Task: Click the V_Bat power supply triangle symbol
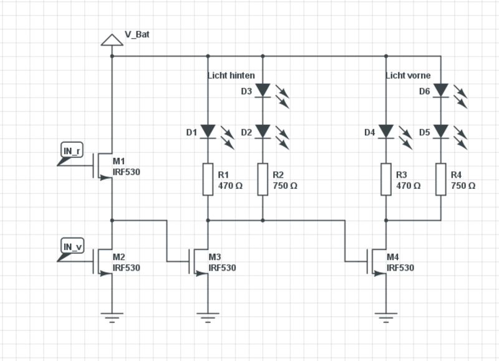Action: coord(112,40)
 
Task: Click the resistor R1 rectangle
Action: coord(208,180)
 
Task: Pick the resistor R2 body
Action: coord(263,180)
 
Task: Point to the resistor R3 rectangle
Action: coord(386,180)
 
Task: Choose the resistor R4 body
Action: coord(441,180)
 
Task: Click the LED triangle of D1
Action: coord(208,132)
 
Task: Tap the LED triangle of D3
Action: coord(263,90)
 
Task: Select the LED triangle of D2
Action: coord(263,132)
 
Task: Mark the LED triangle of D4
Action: coord(386,132)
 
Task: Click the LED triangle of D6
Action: coord(441,90)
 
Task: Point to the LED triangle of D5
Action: coord(441,132)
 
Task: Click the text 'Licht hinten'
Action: coord(231,75)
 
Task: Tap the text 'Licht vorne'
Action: coord(409,75)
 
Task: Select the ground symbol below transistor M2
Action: coord(112,318)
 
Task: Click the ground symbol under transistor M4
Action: coord(386,318)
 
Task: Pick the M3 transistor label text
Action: coord(215,257)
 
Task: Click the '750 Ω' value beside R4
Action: coord(463,186)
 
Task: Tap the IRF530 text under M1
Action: coord(127,172)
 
